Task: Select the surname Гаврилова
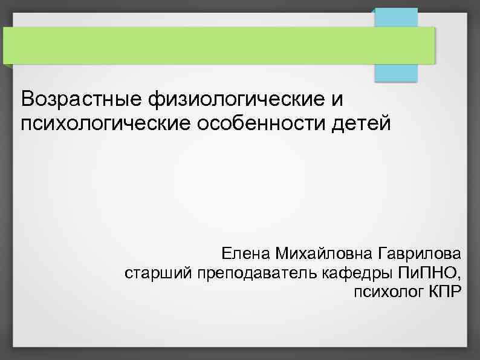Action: [x=420, y=252]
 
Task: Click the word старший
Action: [x=158, y=273]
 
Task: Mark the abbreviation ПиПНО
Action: [x=426, y=273]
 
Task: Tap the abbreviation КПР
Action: [x=445, y=293]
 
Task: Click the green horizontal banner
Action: [x=218, y=45]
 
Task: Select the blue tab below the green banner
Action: [x=396, y=73]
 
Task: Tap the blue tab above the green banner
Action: [x=396, y=17]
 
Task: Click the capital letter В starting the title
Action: [x=26, y=99]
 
